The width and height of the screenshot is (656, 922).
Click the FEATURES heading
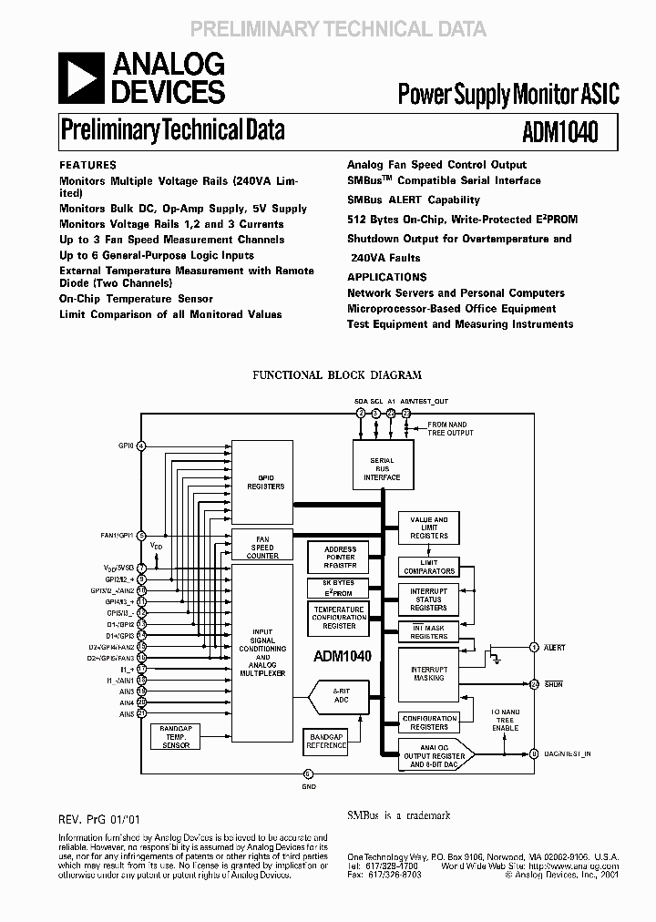point(87,166)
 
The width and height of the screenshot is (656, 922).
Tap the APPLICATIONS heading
point(386,277)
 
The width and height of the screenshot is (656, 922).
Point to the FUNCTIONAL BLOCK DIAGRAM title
point(336,374)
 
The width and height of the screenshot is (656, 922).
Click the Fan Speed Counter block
point(262,548)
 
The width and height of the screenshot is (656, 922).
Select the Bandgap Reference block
point(327,740)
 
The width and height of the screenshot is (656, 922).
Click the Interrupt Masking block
point(428,673)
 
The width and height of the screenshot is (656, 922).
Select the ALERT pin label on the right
point(554,648)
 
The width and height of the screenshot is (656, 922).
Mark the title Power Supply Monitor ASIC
point(507,93)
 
